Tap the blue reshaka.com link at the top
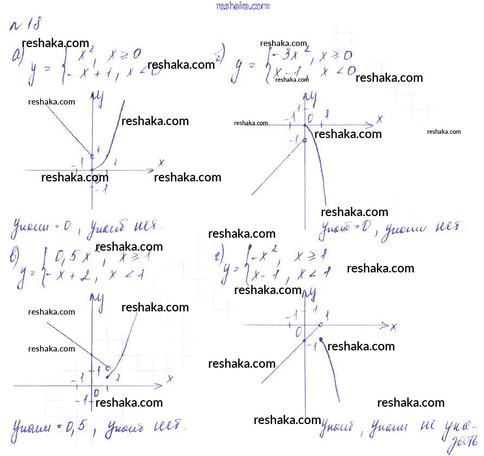pos(242,6)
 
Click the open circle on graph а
pos(92,157)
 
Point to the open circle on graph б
pos(304,140)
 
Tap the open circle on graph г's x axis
pos(321,325)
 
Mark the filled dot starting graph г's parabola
pos(321,340)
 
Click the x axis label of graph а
pos(161,162)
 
